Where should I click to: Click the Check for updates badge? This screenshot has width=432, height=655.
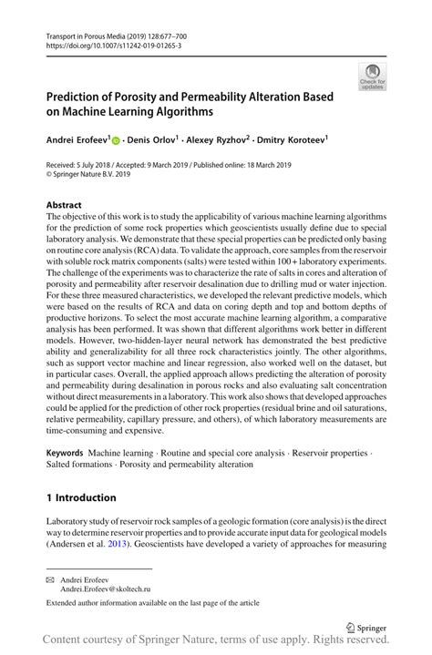pos(372,77)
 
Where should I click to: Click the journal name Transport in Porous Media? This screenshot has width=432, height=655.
pos(87,34)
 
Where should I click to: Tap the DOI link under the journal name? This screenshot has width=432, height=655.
pos(110,44)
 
